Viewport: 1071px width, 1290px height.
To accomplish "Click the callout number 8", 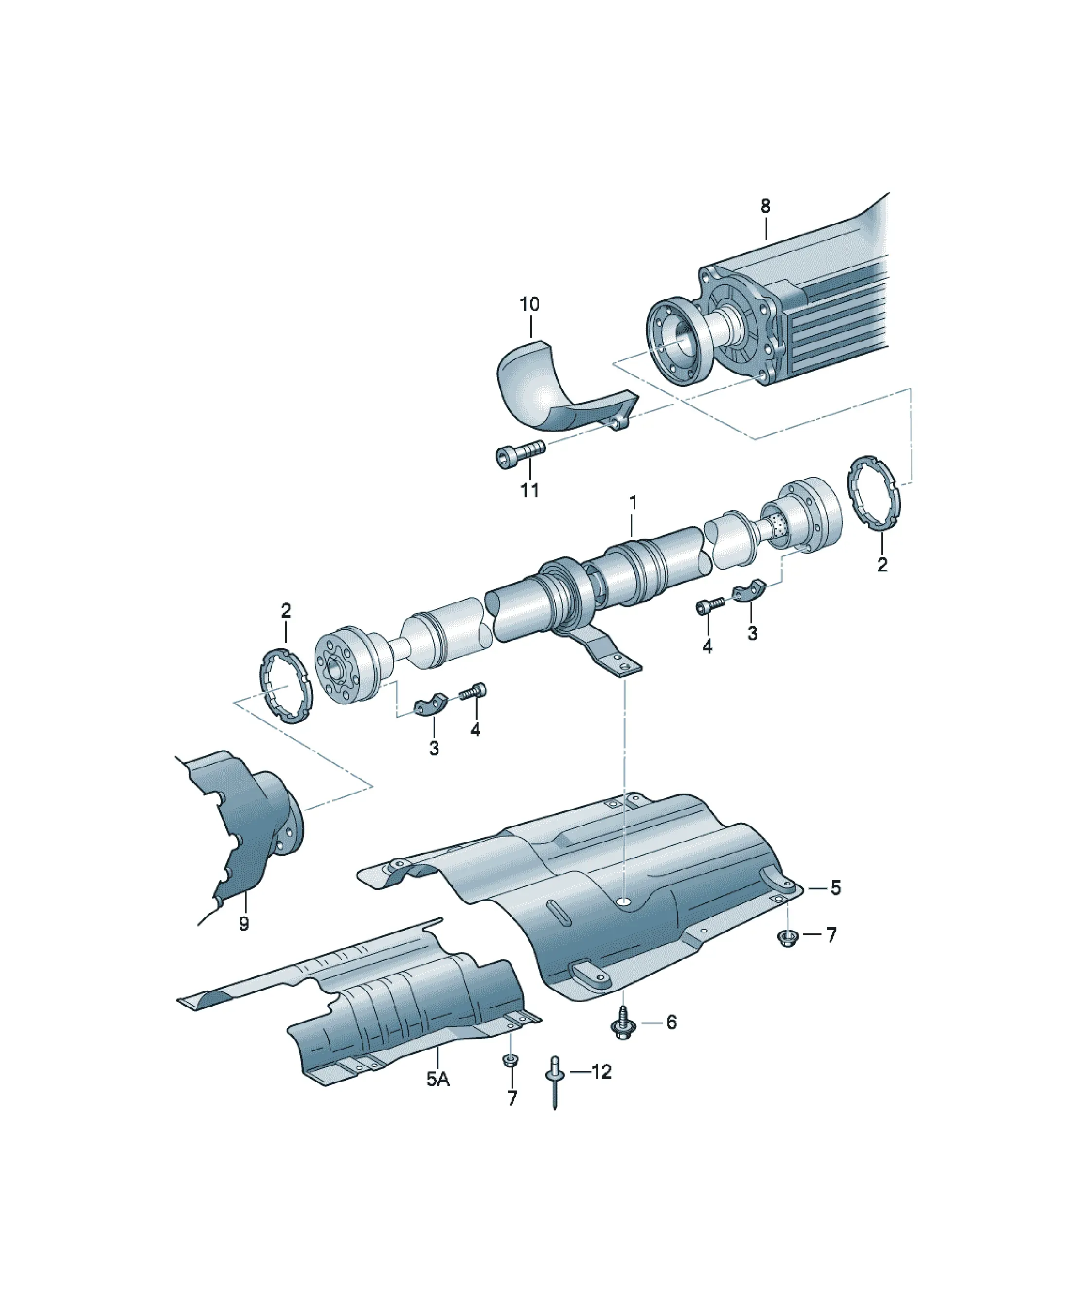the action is point(765,206).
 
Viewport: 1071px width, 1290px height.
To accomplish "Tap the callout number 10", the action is point(529,304).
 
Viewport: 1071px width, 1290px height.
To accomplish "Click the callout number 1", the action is point(632,503).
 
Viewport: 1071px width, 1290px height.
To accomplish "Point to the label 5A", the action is point(438,1079).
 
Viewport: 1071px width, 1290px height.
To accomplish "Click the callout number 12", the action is point(602,1072).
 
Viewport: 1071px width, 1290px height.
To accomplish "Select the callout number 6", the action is point(671,1022).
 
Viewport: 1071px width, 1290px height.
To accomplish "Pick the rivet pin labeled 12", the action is point(553,1082).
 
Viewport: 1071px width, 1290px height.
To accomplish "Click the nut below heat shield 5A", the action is point(510,1060).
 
